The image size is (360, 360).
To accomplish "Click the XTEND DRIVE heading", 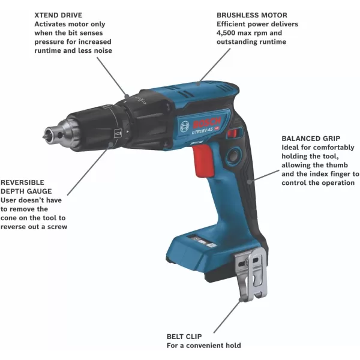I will (x=58, y=14).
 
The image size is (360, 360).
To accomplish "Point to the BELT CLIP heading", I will (x=185, y=336).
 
